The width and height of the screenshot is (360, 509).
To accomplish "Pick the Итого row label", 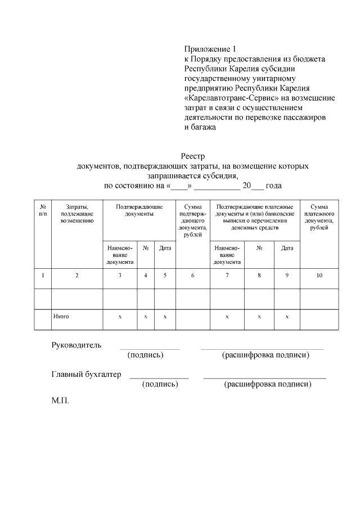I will point(61,317).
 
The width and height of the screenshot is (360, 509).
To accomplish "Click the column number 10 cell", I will point(319,276).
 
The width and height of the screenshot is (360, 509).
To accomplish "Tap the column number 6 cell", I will point(192,276).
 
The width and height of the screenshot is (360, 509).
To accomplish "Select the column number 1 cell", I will point(43,276).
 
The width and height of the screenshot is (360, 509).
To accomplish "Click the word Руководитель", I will point(76,345).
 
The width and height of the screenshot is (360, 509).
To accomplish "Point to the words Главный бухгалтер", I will point(86,375).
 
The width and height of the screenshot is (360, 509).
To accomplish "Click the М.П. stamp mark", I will point(60,403).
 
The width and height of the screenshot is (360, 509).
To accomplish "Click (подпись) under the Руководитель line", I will point(146,355).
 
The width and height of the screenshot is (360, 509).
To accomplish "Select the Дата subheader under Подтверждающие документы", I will point(165,248).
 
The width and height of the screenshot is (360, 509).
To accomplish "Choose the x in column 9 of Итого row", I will point(287,317).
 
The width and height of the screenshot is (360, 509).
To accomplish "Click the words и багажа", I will point(201,128).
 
